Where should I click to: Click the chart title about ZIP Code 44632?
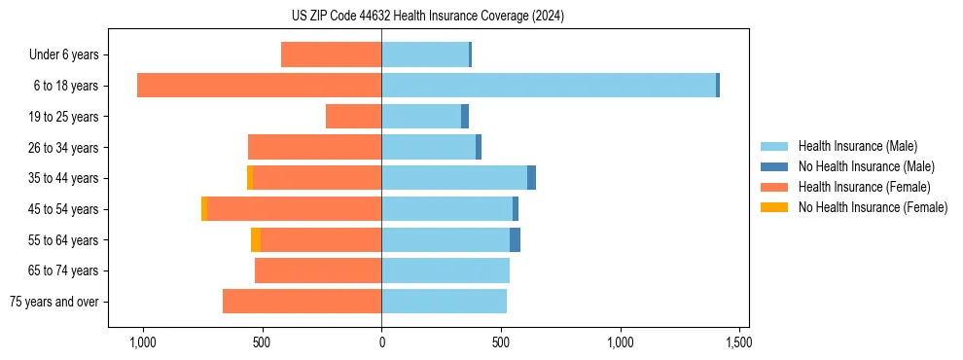pos(427,16)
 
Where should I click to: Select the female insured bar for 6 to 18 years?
pos(259,86)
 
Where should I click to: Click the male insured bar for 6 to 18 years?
pos(549,86)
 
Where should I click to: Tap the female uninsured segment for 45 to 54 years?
pos(204,209)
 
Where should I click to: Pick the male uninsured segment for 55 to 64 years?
pos(515,240)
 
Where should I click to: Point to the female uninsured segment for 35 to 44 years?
pos(250,178)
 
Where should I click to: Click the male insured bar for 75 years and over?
pos(444,302)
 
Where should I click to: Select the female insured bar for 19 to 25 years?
pos(353,117)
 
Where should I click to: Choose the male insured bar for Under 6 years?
pos(425,54)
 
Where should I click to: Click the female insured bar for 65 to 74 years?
pos(318,270)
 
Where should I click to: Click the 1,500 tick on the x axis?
pos(738,342)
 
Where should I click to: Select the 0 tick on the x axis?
pos(381,342)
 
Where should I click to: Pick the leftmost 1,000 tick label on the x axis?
pos(143,342)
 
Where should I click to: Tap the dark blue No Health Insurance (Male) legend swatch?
pos(774,166)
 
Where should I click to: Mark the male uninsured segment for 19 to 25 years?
pos(465,117)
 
